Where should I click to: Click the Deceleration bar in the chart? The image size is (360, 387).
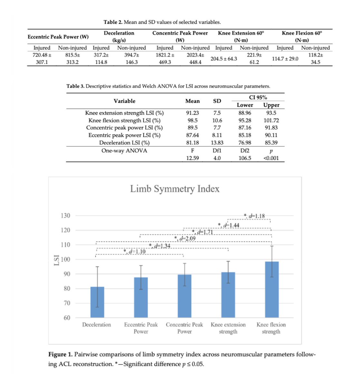point(97,302)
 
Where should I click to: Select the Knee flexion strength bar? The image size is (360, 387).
point(272,289)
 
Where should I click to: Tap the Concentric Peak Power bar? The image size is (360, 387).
point(184,296)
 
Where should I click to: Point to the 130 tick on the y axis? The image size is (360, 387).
point(65,215)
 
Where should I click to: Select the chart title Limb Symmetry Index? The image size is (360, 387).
point(175,189)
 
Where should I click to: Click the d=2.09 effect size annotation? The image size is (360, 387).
point(186,238)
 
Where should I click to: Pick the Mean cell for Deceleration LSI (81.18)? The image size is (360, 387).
point(192,143)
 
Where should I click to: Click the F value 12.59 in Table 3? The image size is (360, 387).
point(192,158)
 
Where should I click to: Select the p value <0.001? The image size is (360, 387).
point(271,158)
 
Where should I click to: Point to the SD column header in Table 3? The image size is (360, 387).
point(217,101)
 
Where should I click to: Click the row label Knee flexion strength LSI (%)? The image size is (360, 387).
point(124,120)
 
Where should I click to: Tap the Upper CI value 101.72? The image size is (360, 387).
point(271,120)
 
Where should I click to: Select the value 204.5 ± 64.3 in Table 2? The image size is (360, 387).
point(224,59)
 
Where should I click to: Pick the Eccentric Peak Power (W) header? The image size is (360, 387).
point(58,37)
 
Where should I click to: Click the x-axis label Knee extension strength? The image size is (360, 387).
point(228,328)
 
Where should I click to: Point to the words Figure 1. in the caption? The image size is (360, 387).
point(60,354)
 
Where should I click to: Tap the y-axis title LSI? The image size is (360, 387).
point(56,260)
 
